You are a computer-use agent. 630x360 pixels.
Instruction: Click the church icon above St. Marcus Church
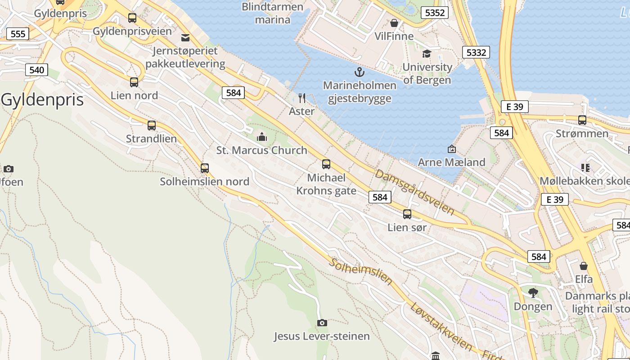coord(261,136)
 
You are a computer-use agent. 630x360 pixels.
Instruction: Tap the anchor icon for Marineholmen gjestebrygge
coord(359,72)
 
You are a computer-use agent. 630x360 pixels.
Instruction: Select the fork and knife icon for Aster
coord(302,98)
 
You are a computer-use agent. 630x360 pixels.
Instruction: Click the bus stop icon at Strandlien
coord(152,126)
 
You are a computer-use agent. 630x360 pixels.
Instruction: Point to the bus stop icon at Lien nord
coord(134,82)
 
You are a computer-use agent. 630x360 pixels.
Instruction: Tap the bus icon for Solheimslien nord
coord(205,168)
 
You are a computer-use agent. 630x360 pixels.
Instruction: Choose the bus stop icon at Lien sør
coord(407,214)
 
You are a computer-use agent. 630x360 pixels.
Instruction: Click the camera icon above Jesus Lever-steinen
coord(322,323)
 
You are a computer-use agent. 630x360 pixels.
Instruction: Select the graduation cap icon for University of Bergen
coord(426,54)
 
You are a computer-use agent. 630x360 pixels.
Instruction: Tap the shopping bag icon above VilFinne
coord(394,23)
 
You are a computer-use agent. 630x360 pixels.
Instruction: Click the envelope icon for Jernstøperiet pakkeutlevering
coord(185,37)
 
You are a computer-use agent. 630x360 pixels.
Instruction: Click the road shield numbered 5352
coord(435,13)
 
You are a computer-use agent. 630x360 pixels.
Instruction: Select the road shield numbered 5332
coord(476,53)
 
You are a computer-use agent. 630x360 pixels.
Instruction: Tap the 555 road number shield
coord(18,34)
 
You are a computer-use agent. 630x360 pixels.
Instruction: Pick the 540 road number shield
coord(36,70)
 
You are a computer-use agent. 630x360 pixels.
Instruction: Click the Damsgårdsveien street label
coord(414,192)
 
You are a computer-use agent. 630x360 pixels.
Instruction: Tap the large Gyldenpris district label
coord(42,100)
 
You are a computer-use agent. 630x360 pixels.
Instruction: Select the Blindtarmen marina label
coord(272,13)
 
